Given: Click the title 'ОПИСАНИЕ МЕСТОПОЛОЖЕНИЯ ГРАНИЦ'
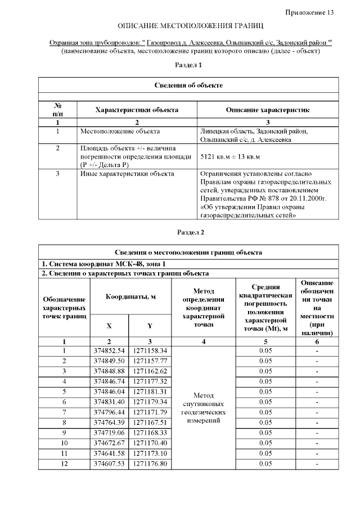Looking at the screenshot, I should [x=190, y=26].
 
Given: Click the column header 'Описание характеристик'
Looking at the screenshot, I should [x=267, y=110].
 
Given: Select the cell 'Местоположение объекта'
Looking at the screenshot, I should [x=115, y=131].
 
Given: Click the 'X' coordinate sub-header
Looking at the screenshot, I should [x=109, y=326].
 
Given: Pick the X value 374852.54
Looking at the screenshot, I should [x=109, y=351].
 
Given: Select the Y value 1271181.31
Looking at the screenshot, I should [x=150, y=391].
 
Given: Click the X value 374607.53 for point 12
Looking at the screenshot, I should [x=109, y=463].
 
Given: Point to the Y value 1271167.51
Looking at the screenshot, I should [x=150, y=422].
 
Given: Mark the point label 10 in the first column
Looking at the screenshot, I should [x=64, y=443].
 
